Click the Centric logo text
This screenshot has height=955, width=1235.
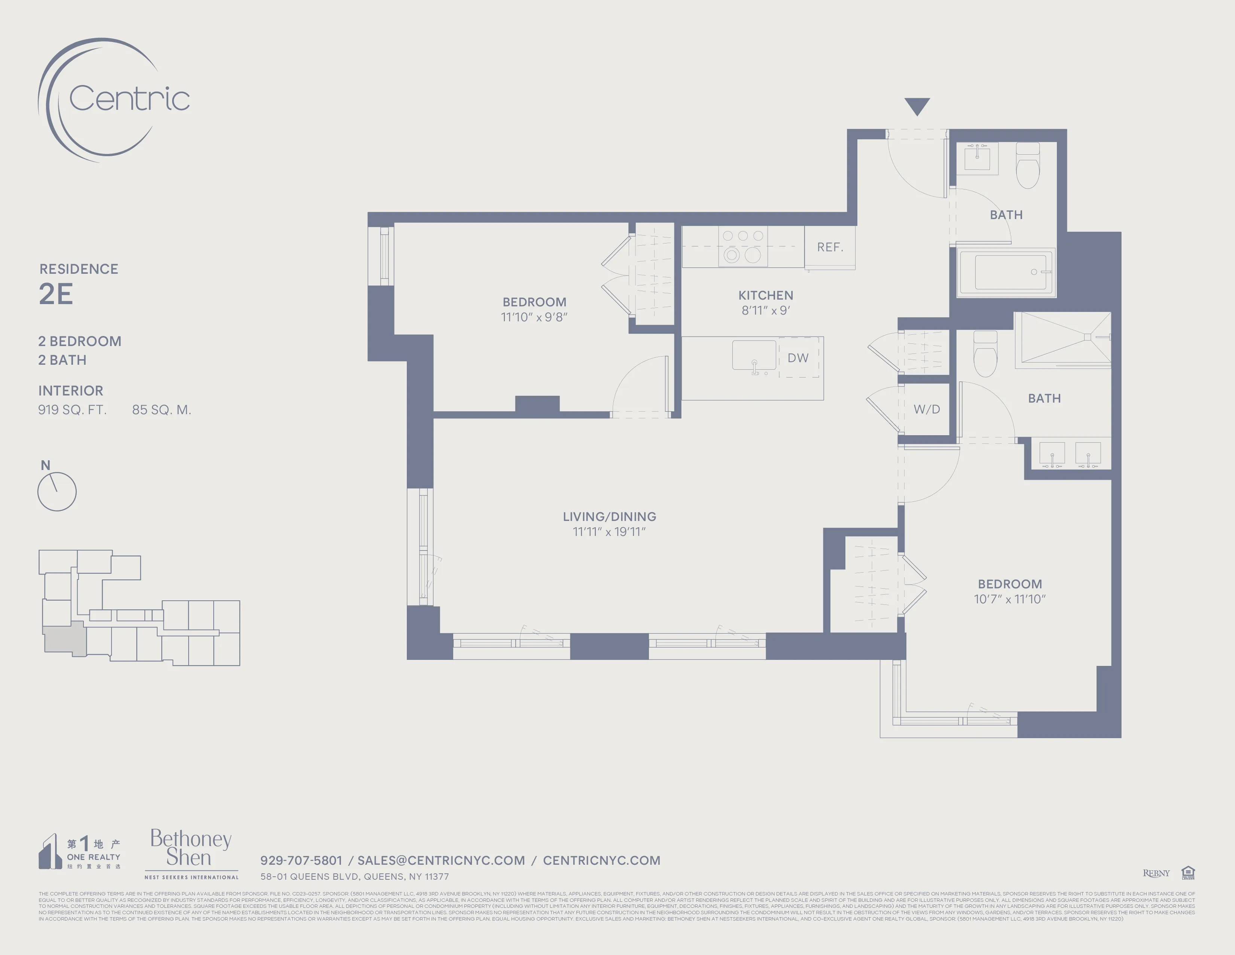(x=129, y=99)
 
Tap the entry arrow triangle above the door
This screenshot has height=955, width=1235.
(x=917, y=105)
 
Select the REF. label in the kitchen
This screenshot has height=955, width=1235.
(x=830, y=247)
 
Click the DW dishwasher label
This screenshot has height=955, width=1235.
(x=798, y=358)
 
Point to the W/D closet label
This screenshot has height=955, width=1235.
(x=926, y=409)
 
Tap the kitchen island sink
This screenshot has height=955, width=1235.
(x=754, y=356)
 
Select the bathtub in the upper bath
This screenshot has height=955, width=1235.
(x=1006, y=273)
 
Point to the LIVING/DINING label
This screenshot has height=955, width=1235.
(x=609, y=516)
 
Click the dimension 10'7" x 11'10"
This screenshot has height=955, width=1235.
(x=1009, y=599)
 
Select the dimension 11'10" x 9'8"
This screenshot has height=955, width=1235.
(x=534, y=317)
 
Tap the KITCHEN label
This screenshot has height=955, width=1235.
(x=765, y=295)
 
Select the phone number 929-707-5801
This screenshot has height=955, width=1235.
(x=301, y=861)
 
